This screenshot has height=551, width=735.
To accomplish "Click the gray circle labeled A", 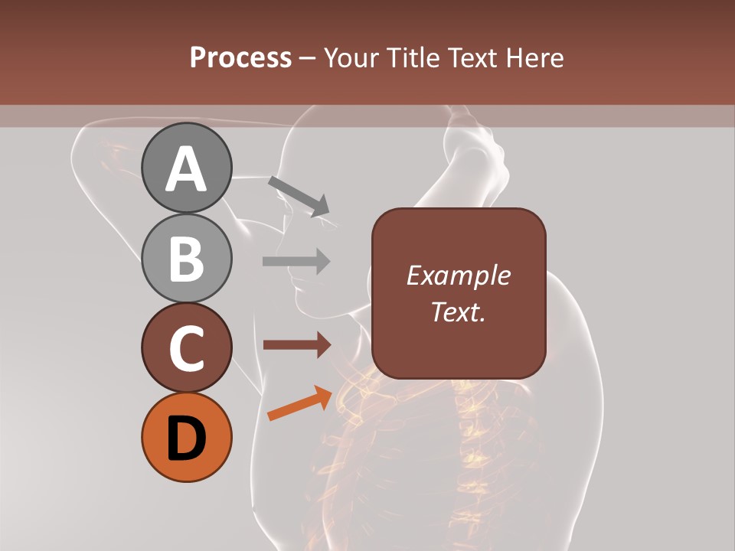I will [x=187, y=168].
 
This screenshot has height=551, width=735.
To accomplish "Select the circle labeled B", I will [x=187, y=258].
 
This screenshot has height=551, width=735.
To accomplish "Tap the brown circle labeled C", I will [x=187, y=347].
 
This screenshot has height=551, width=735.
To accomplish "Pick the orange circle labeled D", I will [x=187, y=437].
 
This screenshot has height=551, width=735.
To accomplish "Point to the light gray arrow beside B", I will [x=296, y=261].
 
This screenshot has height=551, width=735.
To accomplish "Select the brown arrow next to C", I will [x=296, y=345].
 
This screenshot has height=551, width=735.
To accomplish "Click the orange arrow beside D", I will [x=300, y=403].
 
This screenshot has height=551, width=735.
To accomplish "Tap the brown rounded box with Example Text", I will [x=459, y=293].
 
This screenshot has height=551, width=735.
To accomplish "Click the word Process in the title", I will [x=240, y=57].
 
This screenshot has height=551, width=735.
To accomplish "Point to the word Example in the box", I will [x=459, y=275].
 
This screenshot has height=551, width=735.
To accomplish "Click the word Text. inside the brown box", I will [x=459, y=311].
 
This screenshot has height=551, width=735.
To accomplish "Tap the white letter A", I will [x=187, y=169].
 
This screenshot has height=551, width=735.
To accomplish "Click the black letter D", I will [x=187, y=439].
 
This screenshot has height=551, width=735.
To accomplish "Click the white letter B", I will [x=187, y=259].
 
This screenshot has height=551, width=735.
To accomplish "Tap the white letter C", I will [x=187, y=348].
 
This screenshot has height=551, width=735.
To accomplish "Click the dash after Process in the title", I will [x=308, y=58].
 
